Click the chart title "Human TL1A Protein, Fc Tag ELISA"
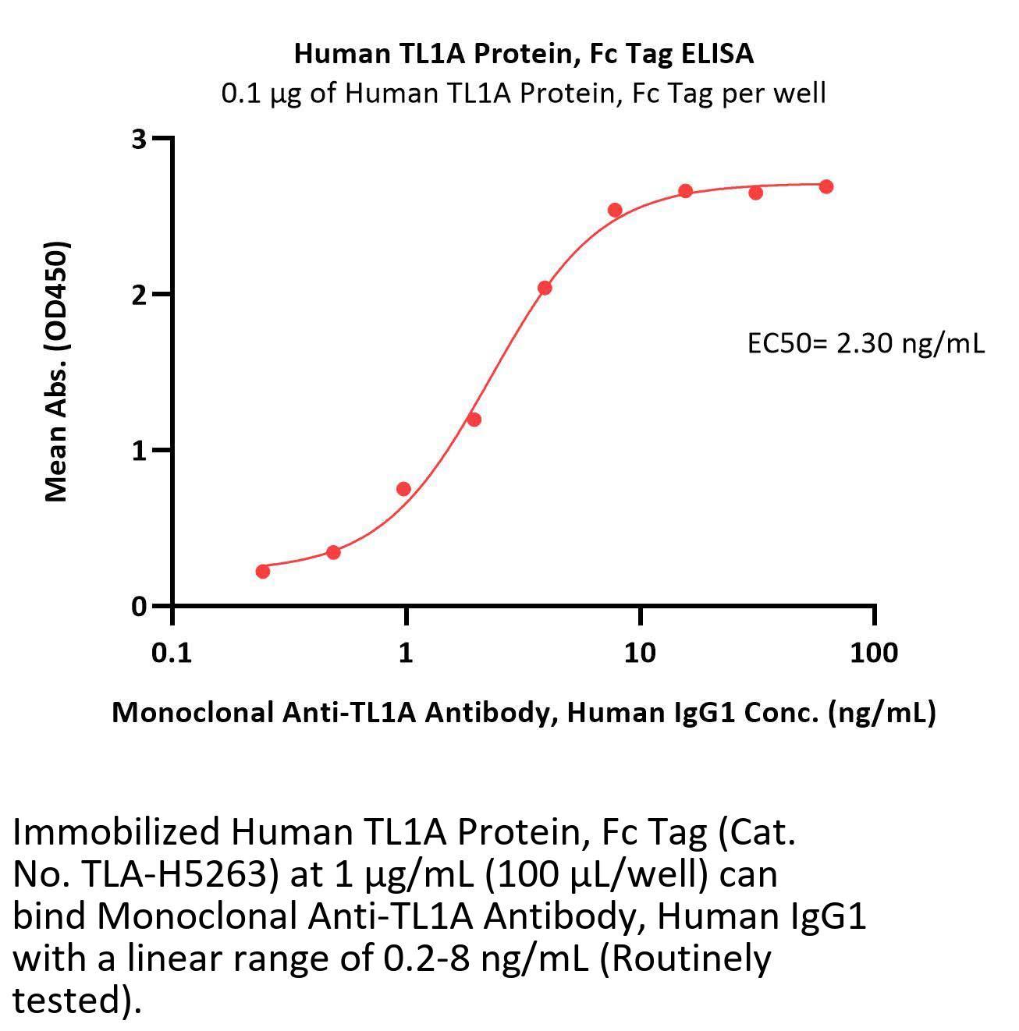[524, 53]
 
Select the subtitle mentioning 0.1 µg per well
[524, 94]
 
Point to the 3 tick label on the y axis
[140, 139]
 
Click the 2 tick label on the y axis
[140, 295]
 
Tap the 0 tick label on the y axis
[140, 607]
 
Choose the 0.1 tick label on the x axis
[172, 652]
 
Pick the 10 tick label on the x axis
[640, 652]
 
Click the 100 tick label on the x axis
[874, 652]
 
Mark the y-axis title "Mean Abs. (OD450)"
[56, 370]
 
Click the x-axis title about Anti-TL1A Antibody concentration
[524, 712]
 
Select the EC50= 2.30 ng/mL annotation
[866, 343]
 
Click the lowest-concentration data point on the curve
[263, 572]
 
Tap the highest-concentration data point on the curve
[826, 186]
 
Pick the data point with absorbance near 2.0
[545, 288]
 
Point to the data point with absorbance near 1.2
[474, 420]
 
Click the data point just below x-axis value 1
[403, 489]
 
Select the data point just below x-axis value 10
[615, 210]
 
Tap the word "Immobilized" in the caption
[116, 833]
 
